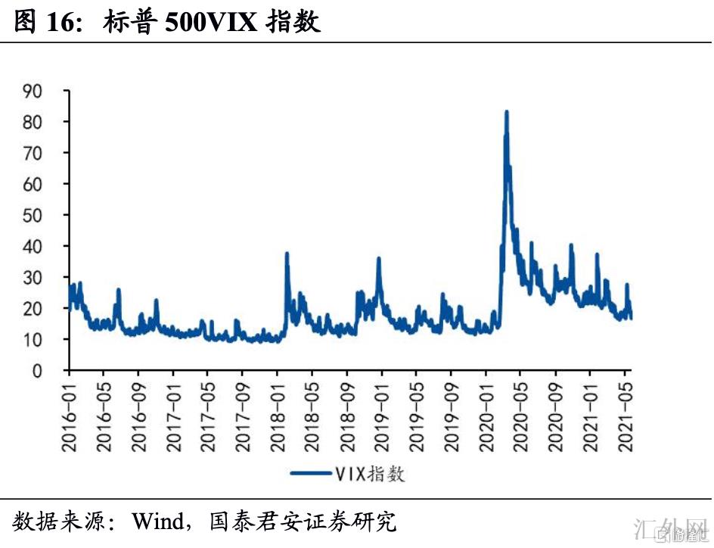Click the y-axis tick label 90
51,91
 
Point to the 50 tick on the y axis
51,215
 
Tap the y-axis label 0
56,371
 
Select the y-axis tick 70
51,153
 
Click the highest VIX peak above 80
506,112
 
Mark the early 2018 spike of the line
287,254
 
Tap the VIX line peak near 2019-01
379,259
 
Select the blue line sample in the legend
310,474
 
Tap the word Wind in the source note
157,522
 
